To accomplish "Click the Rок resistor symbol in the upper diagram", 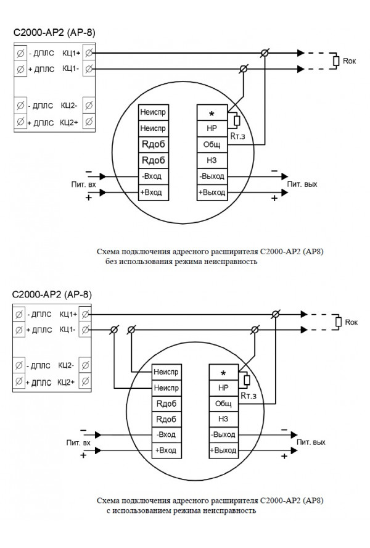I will click(336, 60).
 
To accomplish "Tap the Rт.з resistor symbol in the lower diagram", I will click(247, 380).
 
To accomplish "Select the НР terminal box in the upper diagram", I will click(212, 129).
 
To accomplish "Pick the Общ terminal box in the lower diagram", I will click(223, 404).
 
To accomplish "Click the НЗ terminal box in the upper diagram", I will click(212, 160).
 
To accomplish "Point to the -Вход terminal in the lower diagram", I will click(166, 434).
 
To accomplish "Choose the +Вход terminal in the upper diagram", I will click(154, 193).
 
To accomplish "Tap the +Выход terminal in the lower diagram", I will click(223, 450).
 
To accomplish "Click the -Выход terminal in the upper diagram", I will click(212, 176).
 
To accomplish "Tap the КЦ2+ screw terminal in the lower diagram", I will click(85, 383).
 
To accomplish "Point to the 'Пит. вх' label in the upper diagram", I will click(81, 184).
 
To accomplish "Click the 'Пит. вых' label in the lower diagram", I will click(311, 442).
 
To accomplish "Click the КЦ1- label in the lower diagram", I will click(67, 330).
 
